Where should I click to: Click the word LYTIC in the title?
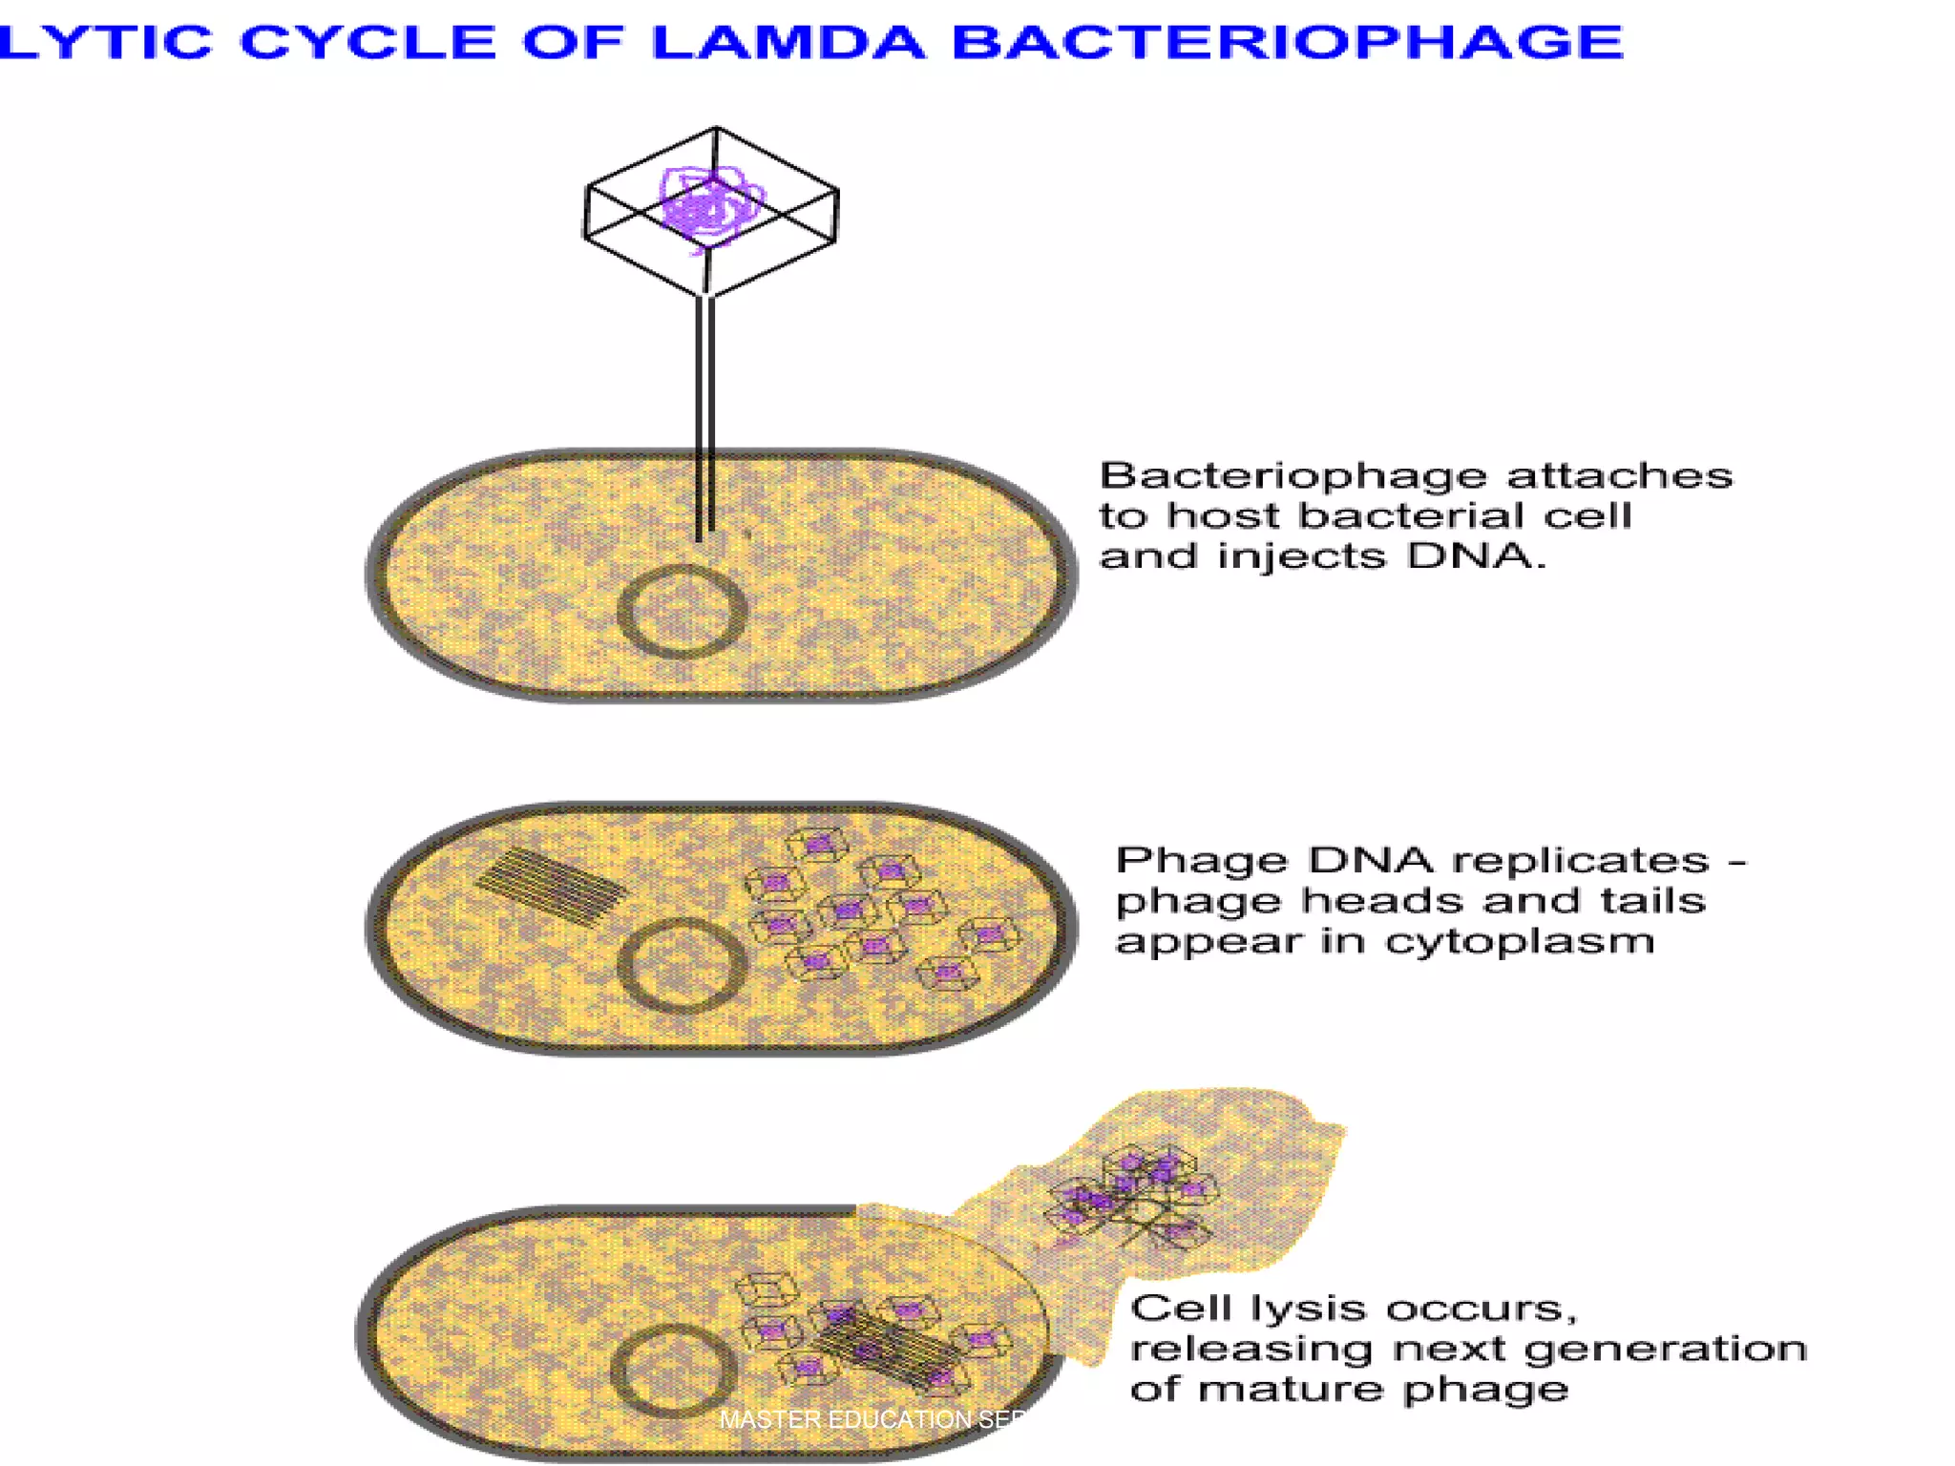click(105, 42)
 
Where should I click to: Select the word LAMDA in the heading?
click(788, 42)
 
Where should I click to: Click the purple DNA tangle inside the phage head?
click(711, 206)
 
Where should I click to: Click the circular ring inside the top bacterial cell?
click(682, 612)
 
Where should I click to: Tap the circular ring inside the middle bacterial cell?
click(682, 965)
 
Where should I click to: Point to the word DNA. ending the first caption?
click(1475, 555)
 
